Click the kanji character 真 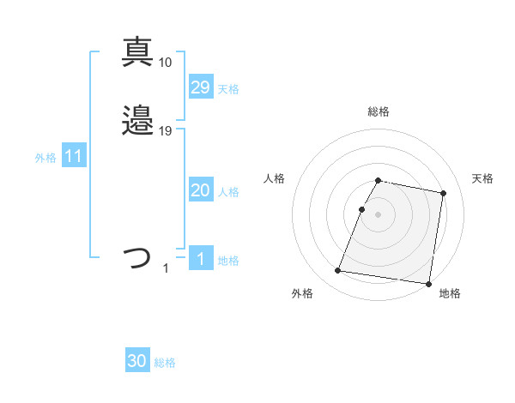coord(137,51)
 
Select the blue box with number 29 coord(200,87)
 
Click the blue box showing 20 coord(200,191)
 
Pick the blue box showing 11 coord(74,157)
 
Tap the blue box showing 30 coord(137,361)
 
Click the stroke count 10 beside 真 coord(166,62)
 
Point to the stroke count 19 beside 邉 coord(166,131)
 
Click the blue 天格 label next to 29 coord(228,88)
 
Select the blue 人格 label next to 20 coord(228,192)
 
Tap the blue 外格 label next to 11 coord(45,158)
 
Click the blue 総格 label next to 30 coord(165,363)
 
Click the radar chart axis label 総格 coord(378,111)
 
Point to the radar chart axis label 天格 coord(482,178)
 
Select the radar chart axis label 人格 coord(275,178)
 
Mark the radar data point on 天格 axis coord(444,194)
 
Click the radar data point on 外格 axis coord(337,271)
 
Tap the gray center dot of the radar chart coord(378,214)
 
